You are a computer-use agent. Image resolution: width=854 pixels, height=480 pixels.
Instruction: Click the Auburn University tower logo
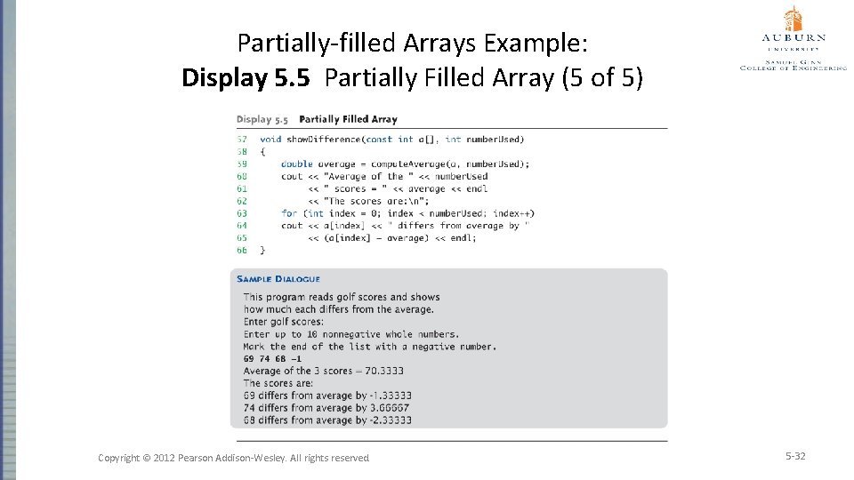(x=793, y=19)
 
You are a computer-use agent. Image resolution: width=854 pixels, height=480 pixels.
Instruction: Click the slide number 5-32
(x=794, y=456)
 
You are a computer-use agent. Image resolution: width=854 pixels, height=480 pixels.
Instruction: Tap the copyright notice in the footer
(x=233, y=458)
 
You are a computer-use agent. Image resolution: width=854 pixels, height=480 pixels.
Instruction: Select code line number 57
(x=242, y=140)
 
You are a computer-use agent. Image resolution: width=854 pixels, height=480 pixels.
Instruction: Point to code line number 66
(x=242, y=251)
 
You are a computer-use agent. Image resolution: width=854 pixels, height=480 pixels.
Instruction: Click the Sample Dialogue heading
(x=278, y=279)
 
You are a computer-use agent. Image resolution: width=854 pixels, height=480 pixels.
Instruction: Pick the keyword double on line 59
(x=297, y=164)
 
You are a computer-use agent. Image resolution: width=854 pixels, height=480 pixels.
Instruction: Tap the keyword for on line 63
(x=289, y=213)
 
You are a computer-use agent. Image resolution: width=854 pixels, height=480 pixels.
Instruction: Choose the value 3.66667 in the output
(x=387, y=408)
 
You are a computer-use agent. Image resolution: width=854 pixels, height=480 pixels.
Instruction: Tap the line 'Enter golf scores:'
(x=284, y=322)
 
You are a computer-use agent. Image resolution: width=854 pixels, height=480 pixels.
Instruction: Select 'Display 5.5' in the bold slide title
(x=246, y=78)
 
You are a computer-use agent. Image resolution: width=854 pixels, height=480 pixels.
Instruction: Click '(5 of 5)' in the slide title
(x=601, y=78)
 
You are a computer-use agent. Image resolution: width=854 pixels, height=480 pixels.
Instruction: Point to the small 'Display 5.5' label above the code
(x=262, y=119)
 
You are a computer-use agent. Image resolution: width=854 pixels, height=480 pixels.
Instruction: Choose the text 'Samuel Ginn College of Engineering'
(x=794, y=64)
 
